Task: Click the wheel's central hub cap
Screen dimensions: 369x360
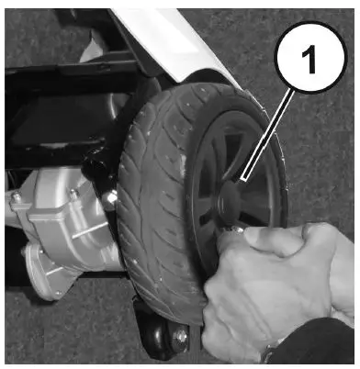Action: pos(231,195)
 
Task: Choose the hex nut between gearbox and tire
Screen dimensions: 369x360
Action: pos(109,198)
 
